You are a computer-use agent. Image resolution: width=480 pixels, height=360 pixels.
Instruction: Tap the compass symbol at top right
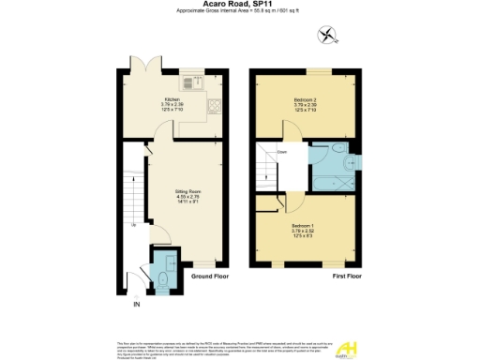[325, 36]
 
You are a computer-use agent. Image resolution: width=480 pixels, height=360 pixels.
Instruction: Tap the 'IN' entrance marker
[136, 305]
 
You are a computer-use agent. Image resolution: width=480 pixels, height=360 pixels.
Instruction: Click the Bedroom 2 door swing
[293, 135]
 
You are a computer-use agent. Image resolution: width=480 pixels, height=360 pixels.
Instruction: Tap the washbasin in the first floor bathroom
[349, 162]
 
